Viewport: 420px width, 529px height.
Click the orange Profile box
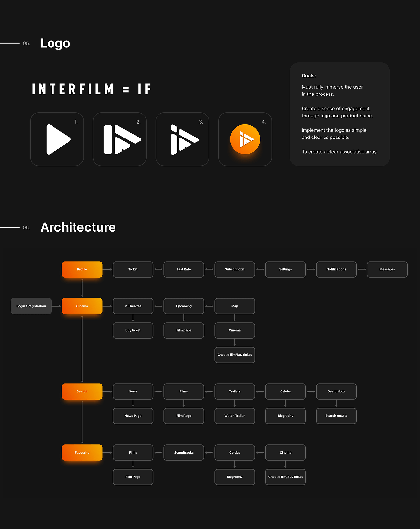(x=82, y=269)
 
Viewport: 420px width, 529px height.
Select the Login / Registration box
(x=31, y=306)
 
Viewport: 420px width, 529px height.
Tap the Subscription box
(x=235, y=269)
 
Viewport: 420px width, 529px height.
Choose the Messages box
(x=387, y=269)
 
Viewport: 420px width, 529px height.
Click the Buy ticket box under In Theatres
(x=133, y=330)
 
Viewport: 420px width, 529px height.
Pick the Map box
(x=235, y=306)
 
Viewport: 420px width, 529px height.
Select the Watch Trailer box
(x=235, y=416)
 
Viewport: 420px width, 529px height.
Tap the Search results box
(x=336, y=416)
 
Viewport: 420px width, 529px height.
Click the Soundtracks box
(x=184, y=453)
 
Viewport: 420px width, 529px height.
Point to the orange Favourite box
(x=82, y=453)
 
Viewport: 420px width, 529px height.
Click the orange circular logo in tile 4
(x=245, y=139)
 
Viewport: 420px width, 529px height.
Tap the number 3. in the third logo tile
(x=201, y=122)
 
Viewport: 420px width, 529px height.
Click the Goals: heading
(x=309, y=76)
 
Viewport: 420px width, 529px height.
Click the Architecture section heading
(x=78, y=227)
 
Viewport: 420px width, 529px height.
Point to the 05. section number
(x=26, y=44)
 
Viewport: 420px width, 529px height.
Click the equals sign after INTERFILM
(x=126, y=90)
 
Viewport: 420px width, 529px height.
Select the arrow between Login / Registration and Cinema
(x=56, y=306)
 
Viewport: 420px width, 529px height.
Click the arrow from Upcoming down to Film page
(x=184, y=318)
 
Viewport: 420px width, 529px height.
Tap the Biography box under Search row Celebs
(x=285, y=416)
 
